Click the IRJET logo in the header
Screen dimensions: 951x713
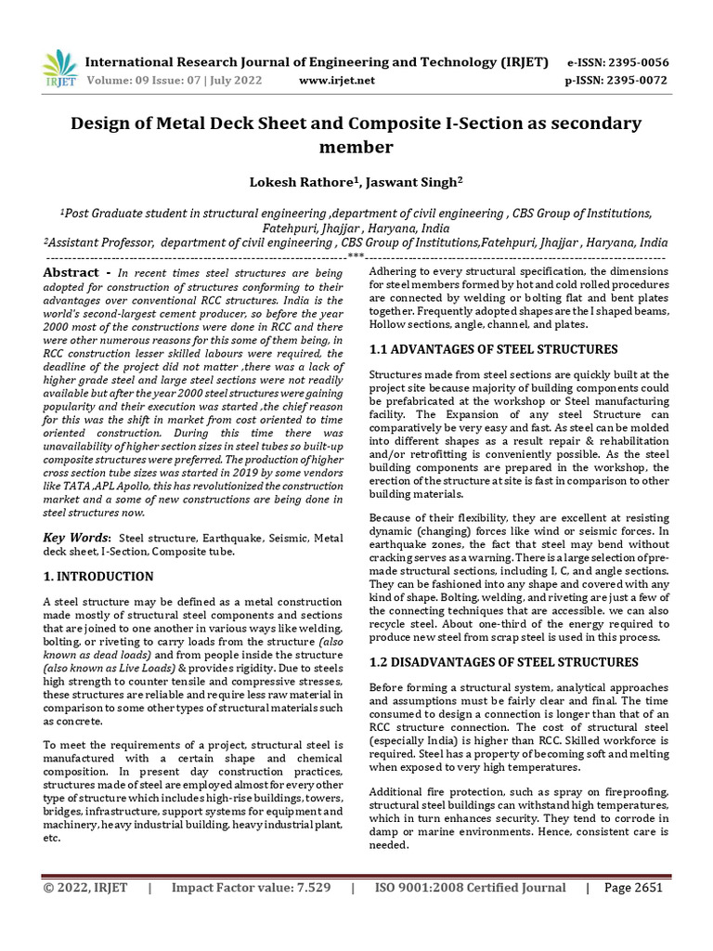pos(61,70)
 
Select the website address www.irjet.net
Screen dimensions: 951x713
pos(337,80)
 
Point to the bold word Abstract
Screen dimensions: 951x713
pos(71,272)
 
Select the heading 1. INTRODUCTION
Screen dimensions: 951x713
pos(99,577)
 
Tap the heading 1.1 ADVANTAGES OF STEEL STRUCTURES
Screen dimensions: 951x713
pos(493,349)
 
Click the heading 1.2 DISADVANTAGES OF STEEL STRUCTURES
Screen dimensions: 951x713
pos(504,662)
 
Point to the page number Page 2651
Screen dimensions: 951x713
pos(633,887)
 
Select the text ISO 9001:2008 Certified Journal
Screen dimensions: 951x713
pos(470,887)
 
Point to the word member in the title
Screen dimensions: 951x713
pos(356,148)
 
